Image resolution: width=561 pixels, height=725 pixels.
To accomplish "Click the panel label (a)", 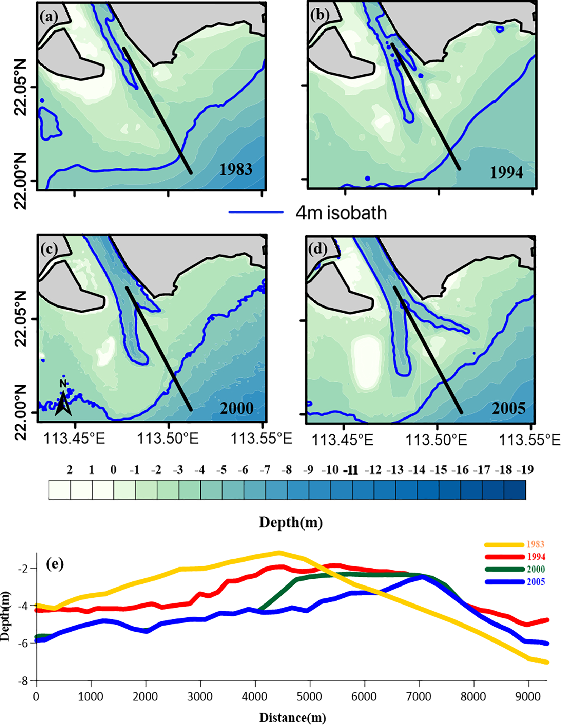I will pyautogui.click(x=49, y=16).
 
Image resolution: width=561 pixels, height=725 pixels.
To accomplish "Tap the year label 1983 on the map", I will pyautogui.click(x=236, y=169).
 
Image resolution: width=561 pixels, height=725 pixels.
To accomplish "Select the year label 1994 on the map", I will pyautogui.click(x=506, y=172).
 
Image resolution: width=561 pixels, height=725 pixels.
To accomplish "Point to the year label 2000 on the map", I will pyautogui.click(x=236, y=408).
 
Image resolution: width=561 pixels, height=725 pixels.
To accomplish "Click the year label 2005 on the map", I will pyautogui.click(x=508, y=408).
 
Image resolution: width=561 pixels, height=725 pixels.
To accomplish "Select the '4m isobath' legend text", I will pyautogui.click(x=341, y=213).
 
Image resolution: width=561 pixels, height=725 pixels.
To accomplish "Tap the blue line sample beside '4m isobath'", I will pyautogui.click(x=256, y=212).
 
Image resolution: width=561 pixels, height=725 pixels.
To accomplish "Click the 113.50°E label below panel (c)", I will pyautogui.click(x=167, y=439).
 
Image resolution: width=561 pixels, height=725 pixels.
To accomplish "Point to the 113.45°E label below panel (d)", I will pyautogui.click(x=342, y=440).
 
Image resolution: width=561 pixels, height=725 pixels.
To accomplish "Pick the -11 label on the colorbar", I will pyautogui.click(x=351, y=470).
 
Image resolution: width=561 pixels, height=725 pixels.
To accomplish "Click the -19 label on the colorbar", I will pyautogui.click(x=525, y=470).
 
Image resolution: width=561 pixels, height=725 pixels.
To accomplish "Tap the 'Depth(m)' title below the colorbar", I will pyautogui.click(x=291, y=522).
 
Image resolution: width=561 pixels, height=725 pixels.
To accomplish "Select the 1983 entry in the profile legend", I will pyautogui.click(x=535, y=544).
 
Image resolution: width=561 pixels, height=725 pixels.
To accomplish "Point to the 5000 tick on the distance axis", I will pyautogui.click(x=309, y=696).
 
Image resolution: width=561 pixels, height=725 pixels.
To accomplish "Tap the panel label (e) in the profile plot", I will pyautogui.click(x=54, y=564).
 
